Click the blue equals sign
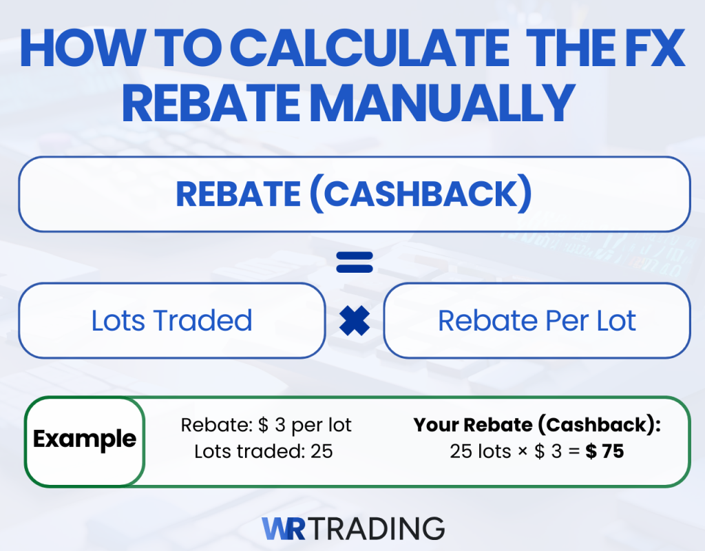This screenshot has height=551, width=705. click(355, 262)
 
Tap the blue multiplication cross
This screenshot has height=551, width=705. click(355, 321)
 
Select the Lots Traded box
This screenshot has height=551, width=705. click(172, 321)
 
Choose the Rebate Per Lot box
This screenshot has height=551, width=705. click(537, 321)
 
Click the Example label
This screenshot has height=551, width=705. click(85, 439)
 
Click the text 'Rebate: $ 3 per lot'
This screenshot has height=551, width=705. click(266, 426)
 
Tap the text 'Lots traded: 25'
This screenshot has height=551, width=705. click(264, 452)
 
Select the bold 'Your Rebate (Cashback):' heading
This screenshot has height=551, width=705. click(537, 426)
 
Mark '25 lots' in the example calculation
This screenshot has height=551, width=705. click(479, 452)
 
